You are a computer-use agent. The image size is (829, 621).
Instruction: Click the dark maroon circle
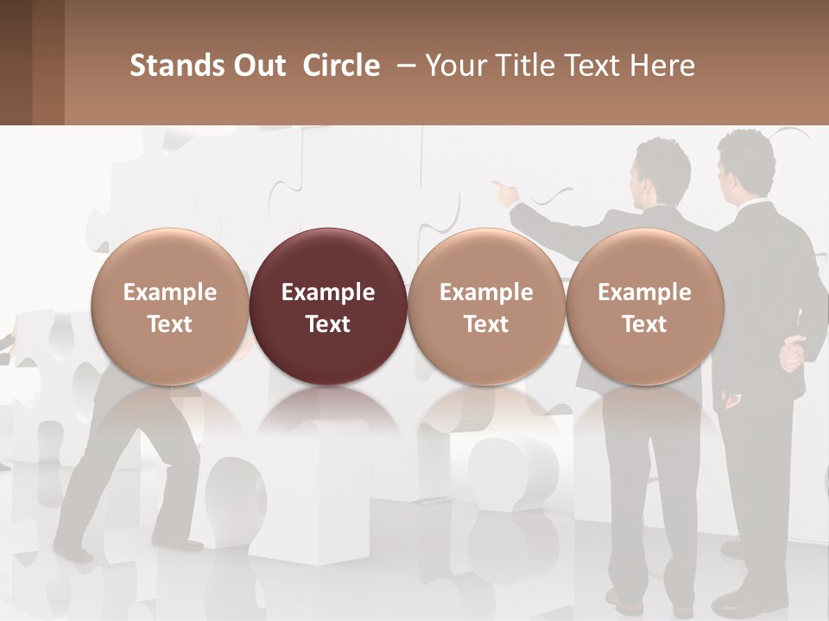[328, 306]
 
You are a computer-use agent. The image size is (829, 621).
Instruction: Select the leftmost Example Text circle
[169, 306]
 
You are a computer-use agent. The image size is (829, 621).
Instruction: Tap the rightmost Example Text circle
[644, 306]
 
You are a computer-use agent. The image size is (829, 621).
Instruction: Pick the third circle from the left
[486, 306]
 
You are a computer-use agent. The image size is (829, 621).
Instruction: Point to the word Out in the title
[257, 66]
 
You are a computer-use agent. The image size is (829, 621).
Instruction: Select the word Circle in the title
[341, 66]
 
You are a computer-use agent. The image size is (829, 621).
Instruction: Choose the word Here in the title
[663, 66]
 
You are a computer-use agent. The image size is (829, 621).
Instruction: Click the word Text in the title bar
[595, 66]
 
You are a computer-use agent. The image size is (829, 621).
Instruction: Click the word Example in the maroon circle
[328, 292]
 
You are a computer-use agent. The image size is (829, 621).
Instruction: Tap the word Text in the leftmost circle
[169, 324]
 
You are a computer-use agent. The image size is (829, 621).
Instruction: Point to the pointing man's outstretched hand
[501, 188]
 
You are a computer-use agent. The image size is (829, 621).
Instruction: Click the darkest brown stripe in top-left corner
[16, 62]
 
